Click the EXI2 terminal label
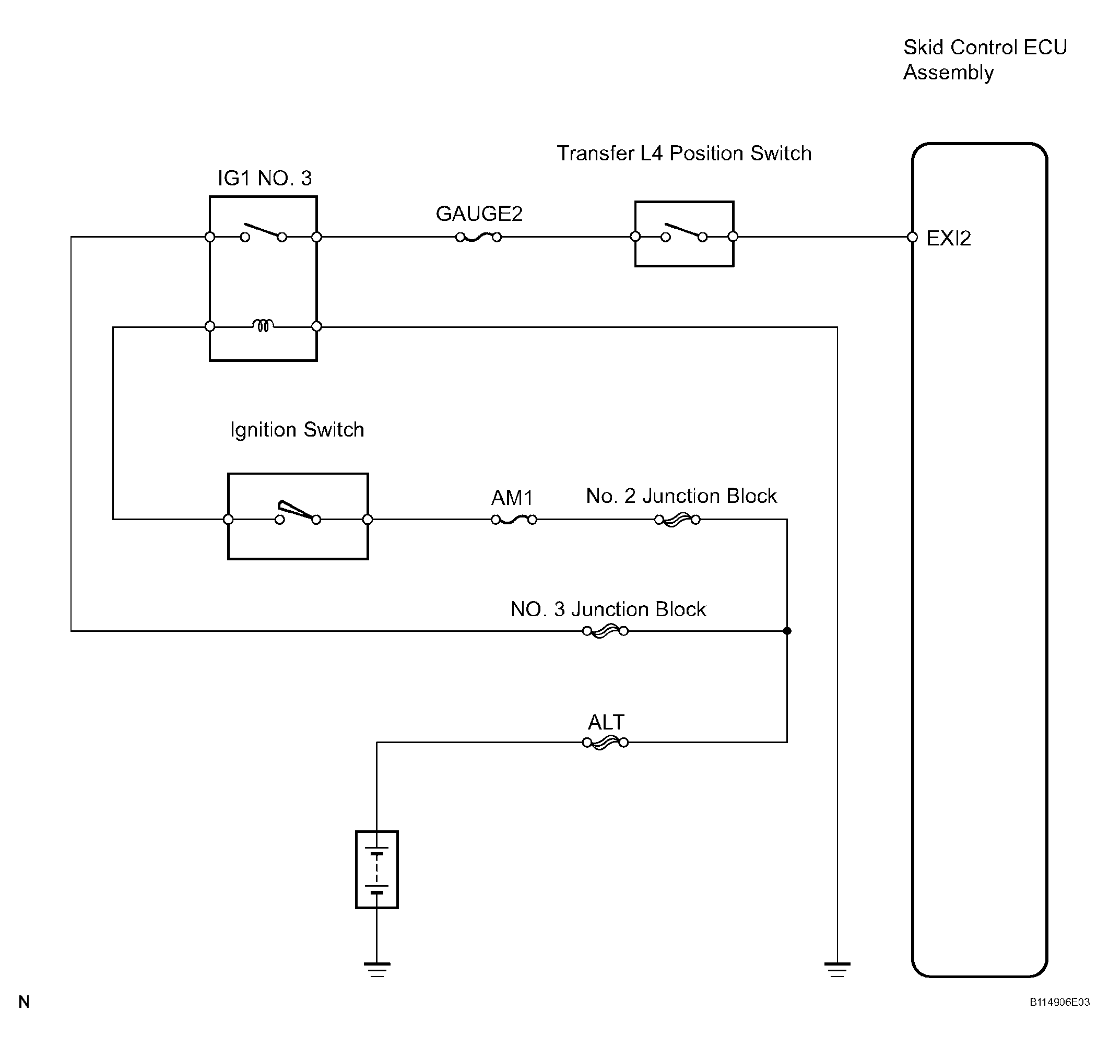point(948,239)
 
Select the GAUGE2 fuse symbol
point(478,237)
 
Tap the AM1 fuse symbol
point(513,520)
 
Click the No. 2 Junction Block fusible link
point(677,520)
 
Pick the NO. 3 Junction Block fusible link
point(605,631)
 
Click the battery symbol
point(377,869)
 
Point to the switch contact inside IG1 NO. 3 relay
point(264,232)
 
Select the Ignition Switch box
point(298,516)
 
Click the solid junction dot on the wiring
point(787,631)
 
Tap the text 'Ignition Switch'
point(297,430)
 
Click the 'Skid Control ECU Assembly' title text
point(985,60)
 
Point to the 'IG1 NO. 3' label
point(265,179)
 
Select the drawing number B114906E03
point(1059,1017)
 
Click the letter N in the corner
point(24,1017)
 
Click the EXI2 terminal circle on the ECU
point(913,237)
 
